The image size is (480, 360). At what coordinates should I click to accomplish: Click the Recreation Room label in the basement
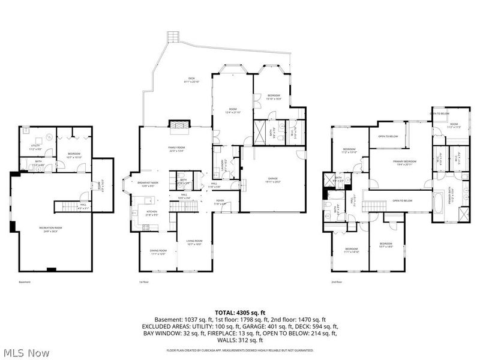(51, 229)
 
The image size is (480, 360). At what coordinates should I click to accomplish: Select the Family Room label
(176, 150)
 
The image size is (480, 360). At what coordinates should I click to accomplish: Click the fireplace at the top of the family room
(178, 125)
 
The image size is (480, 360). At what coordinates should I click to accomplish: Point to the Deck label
(191, 80)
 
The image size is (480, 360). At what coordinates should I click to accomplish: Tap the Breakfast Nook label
(148, 184)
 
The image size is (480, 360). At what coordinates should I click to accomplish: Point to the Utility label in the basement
(35, 146)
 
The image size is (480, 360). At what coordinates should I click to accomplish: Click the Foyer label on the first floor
(220, 202)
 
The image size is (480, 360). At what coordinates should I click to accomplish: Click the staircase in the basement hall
(70, 207)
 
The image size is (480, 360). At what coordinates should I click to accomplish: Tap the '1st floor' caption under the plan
(143, 281)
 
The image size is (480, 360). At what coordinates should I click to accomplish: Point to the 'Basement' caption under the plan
(24, 281)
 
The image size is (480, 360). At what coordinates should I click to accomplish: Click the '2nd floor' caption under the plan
(337, 281)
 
